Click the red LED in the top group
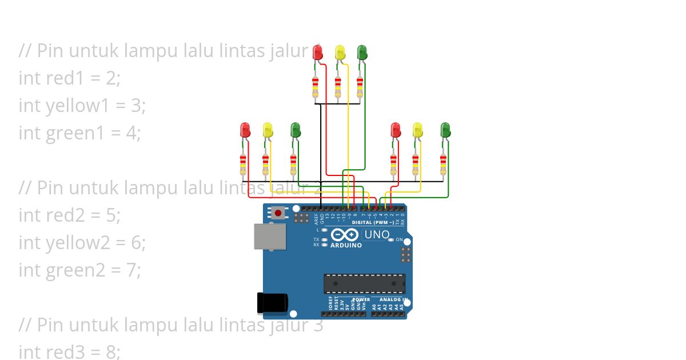[x=318, y=53]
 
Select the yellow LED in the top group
[x=340, y=53]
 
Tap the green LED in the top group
[x=362, y=53]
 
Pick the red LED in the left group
[x=245, y=130]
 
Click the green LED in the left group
[x=295, y=130]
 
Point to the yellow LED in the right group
[x=418, y=130]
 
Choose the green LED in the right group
[x=446, y=130]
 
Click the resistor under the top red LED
[x=316, y=88]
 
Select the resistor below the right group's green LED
[x=443, y=165]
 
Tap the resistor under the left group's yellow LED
[x=265, y=165]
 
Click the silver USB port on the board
[x=270, y=236]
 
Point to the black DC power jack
[x=272, y=303]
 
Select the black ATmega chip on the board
[x=364, y=283]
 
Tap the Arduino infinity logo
[x=345, y=235]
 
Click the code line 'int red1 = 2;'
[x=70, y=78]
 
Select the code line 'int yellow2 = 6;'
[x=82, y=242]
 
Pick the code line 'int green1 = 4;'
[x=79, y=133]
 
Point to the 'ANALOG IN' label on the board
[x=393, y=299]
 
